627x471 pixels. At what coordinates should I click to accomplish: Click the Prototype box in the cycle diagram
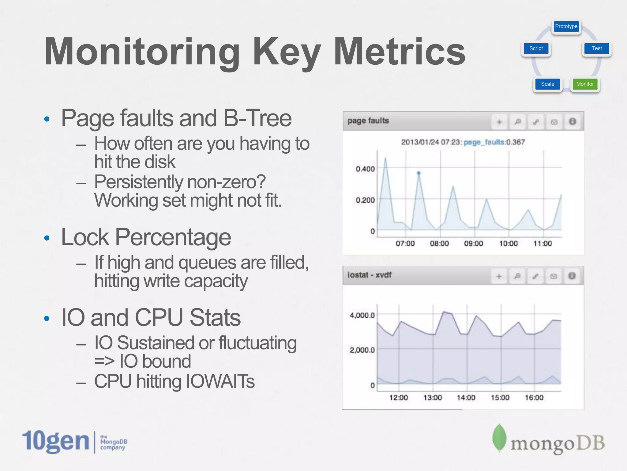click(566, 26)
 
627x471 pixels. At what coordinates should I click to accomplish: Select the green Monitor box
click(585, 84)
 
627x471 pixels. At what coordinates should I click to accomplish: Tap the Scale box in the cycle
click(547, 84)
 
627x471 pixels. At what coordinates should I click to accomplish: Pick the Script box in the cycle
click(536, 48)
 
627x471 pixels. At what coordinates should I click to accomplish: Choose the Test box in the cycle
click(596, 48)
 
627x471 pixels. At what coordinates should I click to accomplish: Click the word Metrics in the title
click(400, 51)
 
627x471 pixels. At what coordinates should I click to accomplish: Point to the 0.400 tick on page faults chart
click(365, 169)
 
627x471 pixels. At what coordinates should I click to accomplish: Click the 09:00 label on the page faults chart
click(473, 244)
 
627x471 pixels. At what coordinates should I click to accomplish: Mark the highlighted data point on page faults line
click(419, 173)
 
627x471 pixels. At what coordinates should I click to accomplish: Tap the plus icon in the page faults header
click(499, 122)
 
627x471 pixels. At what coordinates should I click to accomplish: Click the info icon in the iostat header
click(572, 276)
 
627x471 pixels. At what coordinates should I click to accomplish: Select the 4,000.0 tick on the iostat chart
click(362, 315)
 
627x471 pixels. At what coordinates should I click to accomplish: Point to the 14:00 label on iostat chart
click(466, 398)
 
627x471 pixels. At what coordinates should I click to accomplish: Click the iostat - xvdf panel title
click(369, 275)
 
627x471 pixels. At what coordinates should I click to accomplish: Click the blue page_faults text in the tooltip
click(484, 142)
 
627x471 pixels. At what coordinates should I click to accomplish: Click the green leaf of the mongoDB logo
click(499, 438)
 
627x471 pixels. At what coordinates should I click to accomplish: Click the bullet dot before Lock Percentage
click(47, 238)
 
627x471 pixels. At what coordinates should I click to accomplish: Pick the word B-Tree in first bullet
click(257, 118)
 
